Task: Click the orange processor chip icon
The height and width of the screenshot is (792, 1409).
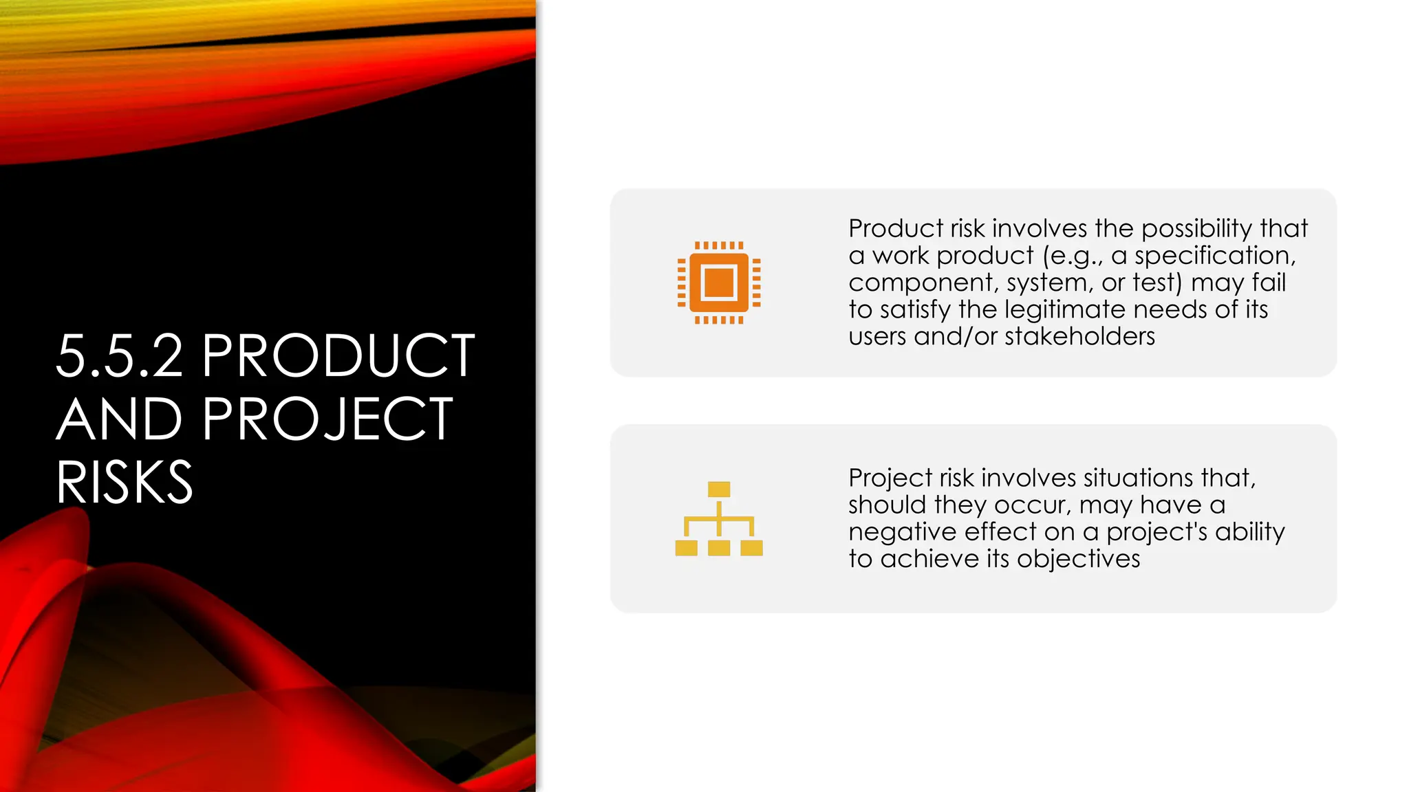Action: [719, 283]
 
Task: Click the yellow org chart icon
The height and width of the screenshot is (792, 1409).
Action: [719, 519]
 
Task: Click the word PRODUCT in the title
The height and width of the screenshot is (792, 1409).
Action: [338, 356]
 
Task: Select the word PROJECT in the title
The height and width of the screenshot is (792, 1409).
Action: [327, 419]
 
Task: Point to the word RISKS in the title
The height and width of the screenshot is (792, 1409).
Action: [125, 483]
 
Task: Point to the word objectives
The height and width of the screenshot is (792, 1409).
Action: [1078, 559]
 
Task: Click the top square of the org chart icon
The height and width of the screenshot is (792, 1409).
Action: [719, 489]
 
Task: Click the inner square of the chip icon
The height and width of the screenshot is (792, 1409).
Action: [719, 283]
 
